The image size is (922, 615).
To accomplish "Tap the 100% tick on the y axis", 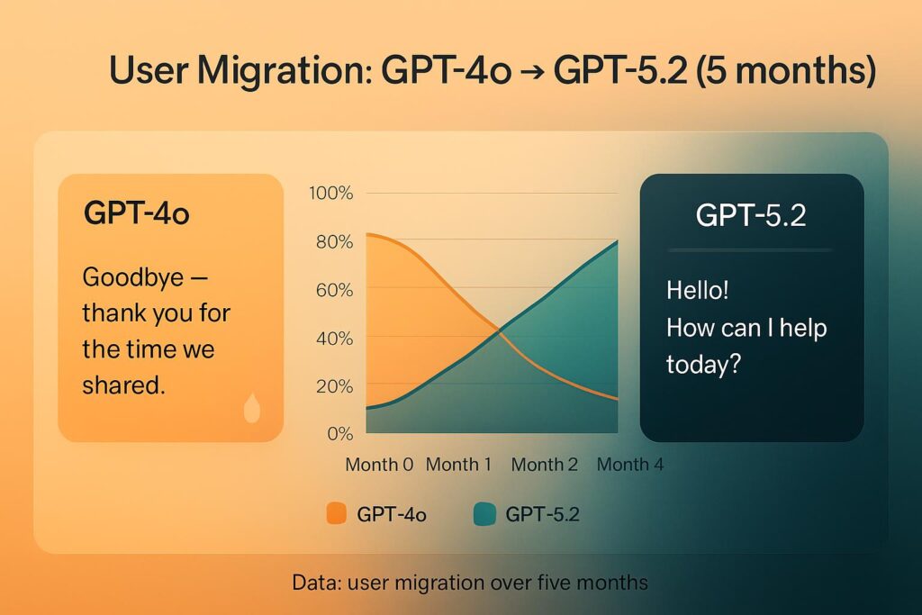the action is pyautogui.click(x=331, y=193).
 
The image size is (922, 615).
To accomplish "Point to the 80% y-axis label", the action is pyautogui.click(x=334, y=241).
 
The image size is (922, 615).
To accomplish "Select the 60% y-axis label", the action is pyautogui.click(x=334, y=290).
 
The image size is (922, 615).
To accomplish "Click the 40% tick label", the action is pyautogui.click(x=334, y=338).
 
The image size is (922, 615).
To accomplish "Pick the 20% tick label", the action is pyautogui.click(x=334, y=386).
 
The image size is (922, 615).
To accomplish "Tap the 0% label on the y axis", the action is pyautogui.click(x=339, y=434).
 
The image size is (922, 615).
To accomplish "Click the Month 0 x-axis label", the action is pyautogui.click(x=379, y=465).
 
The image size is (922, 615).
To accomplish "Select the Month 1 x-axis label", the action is pyautogui.click(x=458, y=465).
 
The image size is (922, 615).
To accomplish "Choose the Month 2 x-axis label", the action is pyautogui.click(x=545, y=465).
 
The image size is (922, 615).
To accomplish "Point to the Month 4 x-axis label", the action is pyautogui.click(x=630, y=465).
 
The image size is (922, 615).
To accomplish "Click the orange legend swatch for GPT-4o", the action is pyautogui.click(x=337, y=513).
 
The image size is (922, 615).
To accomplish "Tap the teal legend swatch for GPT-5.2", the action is pyautogui.click(x=484, y=514).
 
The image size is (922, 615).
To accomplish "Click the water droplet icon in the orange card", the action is pyautogui.click(x=252, y=408).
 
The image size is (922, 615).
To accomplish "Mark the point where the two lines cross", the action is pyautogui.click(x=500, y=332).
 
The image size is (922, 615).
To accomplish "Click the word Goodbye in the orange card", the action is pyautogui.click(x=133, y=278).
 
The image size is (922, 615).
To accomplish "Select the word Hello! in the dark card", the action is pyautogui.click(x=698, y=290).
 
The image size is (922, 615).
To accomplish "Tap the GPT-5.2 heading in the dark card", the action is pyautogui.click(x=751, y=215).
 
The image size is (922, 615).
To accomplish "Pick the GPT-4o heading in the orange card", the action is pyautogui.click(x=137, y=213).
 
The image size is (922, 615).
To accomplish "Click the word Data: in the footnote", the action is pyautogui.click(x=316, y=583).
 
